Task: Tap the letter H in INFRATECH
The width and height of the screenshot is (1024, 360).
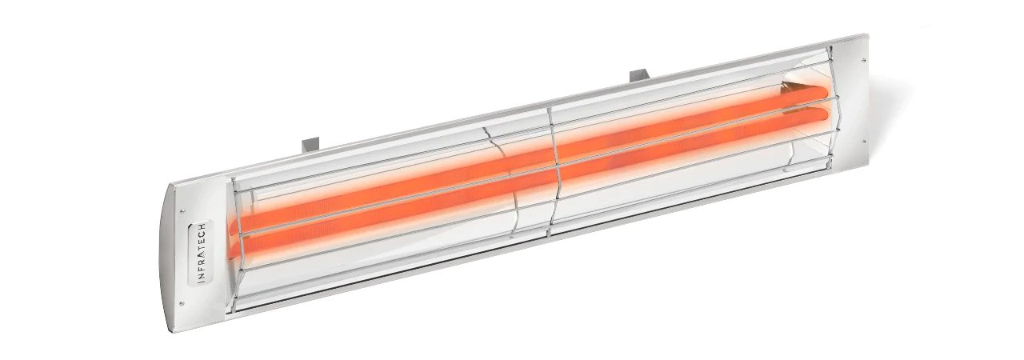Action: pyautogui.click(x=202, y=227)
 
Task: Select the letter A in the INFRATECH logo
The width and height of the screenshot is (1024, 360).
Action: pyautogui.click(x=202, y=254)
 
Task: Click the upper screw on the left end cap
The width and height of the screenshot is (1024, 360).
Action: pyautogui.click(x=182, y=211)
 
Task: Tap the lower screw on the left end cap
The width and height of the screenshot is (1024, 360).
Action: pyautogui.click(x=182, y=303)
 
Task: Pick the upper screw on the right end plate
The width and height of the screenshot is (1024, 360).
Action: pyautogui.click(x=863, y=60)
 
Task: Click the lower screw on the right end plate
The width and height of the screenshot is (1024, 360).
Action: pyautogui.click(x=863, y=141)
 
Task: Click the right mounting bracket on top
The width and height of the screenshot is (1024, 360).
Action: pyautogui.click(x=639, y=76)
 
